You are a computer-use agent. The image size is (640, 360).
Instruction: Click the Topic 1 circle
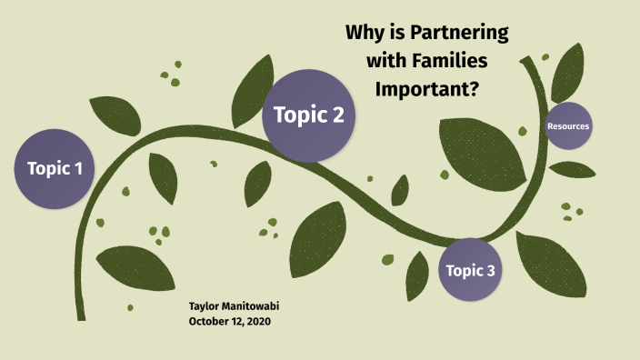coord(55,168)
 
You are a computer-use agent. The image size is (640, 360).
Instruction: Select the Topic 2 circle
coord(307,116)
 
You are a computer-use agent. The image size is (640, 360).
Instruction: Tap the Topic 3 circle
coord(470,269)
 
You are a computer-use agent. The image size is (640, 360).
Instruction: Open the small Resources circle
coord(568,126)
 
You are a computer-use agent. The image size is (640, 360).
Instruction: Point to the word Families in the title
coord(449,62)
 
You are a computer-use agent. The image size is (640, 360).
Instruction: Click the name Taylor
coord(206,307)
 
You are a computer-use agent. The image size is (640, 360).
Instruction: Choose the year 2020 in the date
coord(258,321)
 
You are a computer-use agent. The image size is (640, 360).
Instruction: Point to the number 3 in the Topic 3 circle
coord(491,270)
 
